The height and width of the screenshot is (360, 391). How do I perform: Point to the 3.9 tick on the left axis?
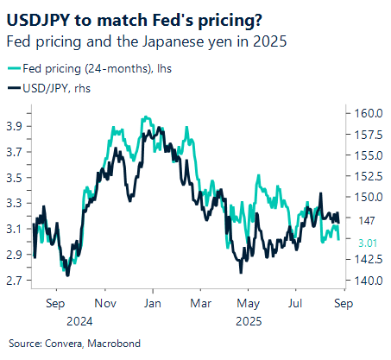click(16, 125)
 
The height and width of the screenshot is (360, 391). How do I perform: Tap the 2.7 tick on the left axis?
click(16, 281)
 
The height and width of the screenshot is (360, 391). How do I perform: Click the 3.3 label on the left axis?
click(16, 203)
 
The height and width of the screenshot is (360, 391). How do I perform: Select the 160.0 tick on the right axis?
click(366, 113)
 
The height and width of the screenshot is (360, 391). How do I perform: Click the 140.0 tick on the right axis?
click(366, 281)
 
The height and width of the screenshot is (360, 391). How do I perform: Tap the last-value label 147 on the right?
click(363, 221)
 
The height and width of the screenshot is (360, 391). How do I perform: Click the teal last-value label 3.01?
click(365, 241)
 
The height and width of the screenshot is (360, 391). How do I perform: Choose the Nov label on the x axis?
click(104, 303)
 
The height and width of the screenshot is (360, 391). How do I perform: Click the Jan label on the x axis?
click(153, 303)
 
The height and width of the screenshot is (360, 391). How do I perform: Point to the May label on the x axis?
click(248, 303)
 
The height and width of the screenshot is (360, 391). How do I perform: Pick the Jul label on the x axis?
click(294, 303)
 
